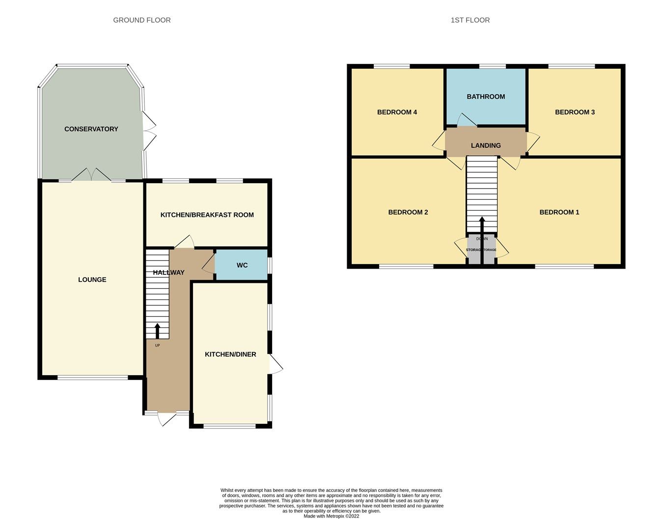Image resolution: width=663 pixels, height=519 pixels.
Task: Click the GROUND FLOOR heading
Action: tap(142, 20)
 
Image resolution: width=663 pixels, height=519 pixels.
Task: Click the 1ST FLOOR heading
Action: tap(470, 20)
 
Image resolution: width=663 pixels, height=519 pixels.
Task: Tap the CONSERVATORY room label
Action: tap(91, 129)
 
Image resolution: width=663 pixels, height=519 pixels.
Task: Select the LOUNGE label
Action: tap(92, 280)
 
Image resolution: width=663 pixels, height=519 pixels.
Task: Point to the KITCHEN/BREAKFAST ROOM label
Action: tap(207, 215)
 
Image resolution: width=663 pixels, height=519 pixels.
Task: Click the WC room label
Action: tap(242, 265)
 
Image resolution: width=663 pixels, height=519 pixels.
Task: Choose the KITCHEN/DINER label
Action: tap(230, 355)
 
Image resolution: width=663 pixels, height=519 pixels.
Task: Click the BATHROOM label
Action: tap(486, 97)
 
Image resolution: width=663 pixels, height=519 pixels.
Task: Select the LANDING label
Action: tap(486, 146)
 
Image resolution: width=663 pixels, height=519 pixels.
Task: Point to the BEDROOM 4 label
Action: tap(397, 112)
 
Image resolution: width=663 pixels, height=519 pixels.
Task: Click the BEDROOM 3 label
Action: tap(575, 112)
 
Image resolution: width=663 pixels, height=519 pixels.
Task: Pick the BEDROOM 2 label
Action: tap(408, 213)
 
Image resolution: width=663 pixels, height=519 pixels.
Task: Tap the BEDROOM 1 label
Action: tap(559, 213)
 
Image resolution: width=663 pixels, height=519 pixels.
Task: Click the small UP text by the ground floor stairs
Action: tap(158, 345)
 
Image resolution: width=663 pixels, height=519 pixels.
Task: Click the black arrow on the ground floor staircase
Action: tap(158, 331)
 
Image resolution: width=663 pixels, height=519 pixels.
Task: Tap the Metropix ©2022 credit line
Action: tap(331, 516)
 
